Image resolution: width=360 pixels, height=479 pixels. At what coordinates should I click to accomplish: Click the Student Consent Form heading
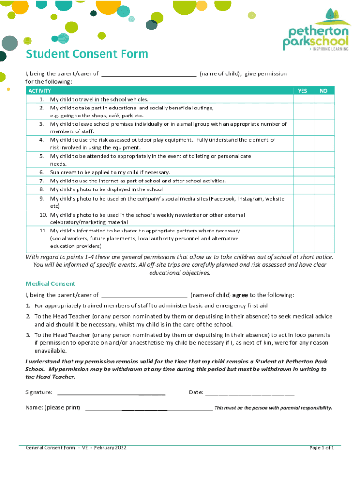click(87, 54)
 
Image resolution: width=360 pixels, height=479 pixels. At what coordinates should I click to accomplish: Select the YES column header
click(302, 91)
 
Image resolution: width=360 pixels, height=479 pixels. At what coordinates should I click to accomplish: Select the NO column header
click(324, 91)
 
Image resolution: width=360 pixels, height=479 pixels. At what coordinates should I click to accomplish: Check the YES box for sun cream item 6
click(302, 172)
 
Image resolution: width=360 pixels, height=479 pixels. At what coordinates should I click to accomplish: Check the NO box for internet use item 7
click(324, 181)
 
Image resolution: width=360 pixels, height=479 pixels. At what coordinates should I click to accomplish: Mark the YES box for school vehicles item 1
click(302, 99)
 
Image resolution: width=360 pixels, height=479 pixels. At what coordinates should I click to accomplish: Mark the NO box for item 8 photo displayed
click(324, 189)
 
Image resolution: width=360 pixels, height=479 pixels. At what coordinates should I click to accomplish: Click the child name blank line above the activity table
click(149, 74)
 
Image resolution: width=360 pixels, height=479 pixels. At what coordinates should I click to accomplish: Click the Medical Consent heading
click(50, 283)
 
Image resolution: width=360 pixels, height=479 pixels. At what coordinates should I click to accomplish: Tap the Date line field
click(250, 392)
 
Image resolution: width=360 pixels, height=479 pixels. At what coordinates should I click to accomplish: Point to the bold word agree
click(240, 295)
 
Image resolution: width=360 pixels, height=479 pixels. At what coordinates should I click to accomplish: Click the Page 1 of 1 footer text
click(322, 448)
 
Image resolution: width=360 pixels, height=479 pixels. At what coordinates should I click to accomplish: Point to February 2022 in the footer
click(110, 448)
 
